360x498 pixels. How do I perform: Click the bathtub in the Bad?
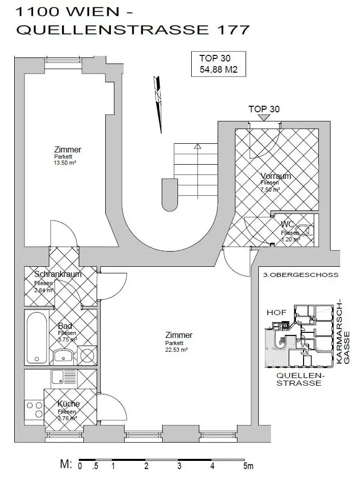pos(36,337)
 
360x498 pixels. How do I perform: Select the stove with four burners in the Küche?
pos(35,409)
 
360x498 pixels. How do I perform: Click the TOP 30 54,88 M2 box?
pos(218,64)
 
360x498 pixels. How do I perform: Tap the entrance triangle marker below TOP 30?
pos(263,117)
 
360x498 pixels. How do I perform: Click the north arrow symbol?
pos(159,102)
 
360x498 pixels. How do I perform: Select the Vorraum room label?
pos(276,176)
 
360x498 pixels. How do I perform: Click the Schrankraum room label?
pos(58,274)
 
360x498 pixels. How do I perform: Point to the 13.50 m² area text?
pos(65,163)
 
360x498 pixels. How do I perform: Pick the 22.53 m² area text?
pos(176,350)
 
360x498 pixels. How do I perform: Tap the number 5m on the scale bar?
pos(248,466)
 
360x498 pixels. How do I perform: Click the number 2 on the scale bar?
pos(146,466)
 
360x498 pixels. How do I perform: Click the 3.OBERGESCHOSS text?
pos(301,275)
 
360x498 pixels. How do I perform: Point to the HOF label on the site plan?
pos(277,312)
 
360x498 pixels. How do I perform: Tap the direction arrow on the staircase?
pos(197,146)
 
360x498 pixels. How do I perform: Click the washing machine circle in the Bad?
pos(88,355)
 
